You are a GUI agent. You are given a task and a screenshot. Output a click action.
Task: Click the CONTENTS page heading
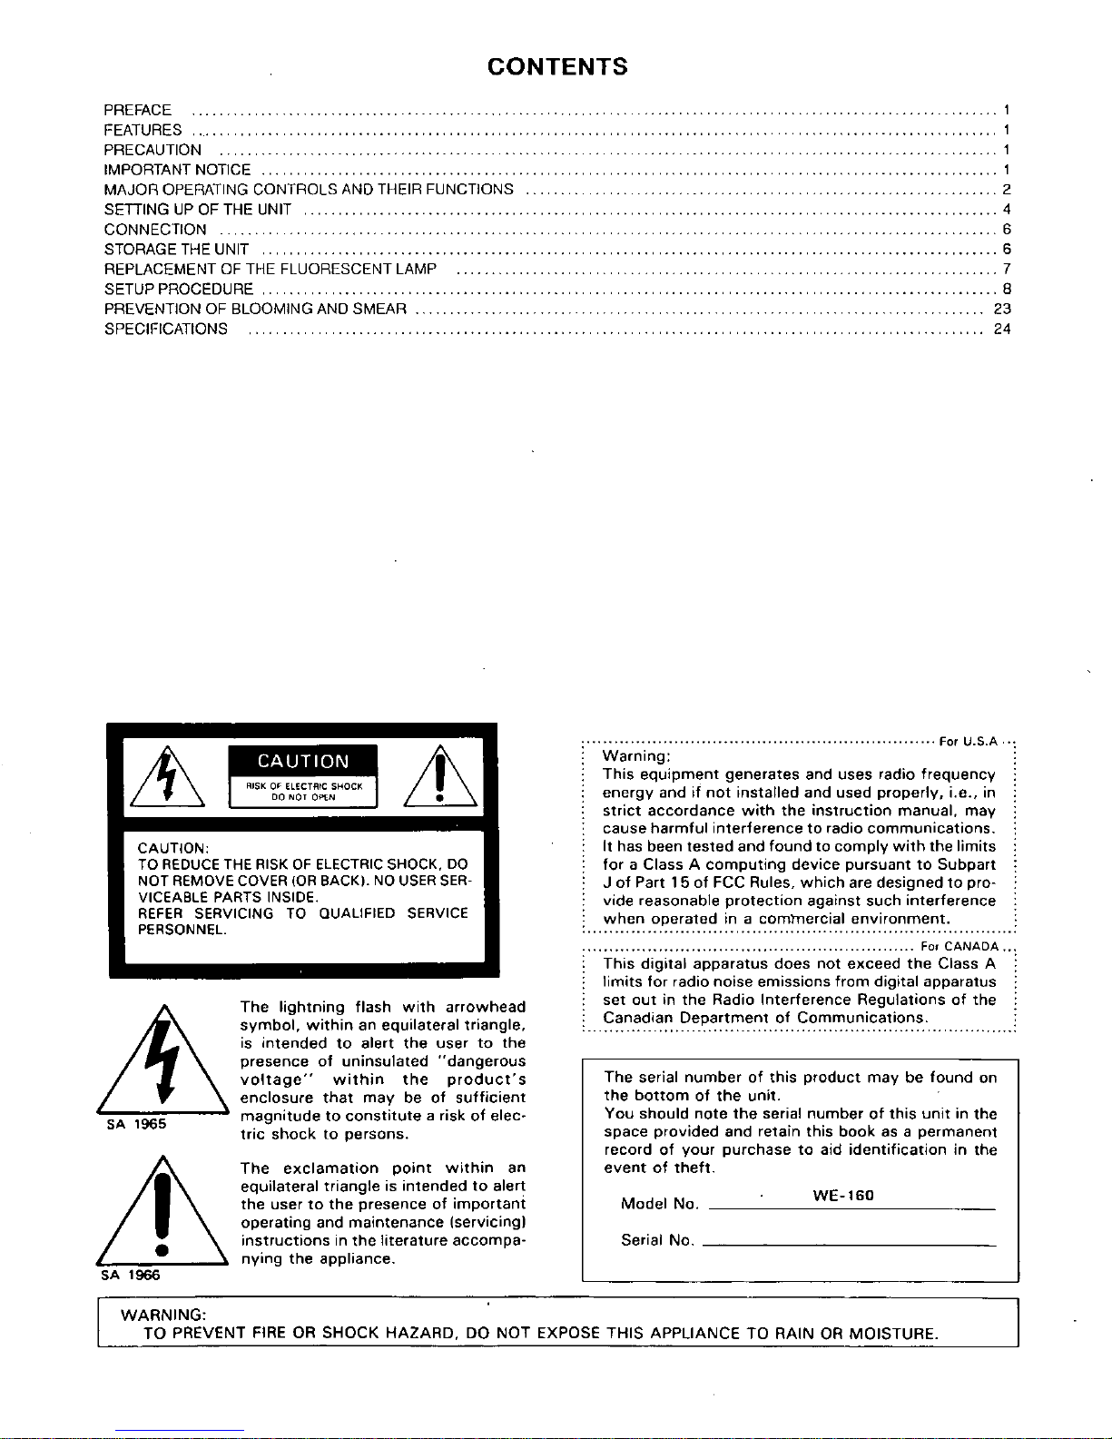click(556, 67)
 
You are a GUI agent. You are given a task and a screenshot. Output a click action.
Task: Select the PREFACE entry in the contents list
click(138, 111)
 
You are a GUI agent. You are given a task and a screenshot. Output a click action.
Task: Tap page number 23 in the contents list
click(1002, 310)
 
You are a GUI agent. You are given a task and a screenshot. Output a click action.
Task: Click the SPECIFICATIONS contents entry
click(166, 330)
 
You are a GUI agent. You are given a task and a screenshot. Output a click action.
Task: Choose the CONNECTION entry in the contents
click(155, 230)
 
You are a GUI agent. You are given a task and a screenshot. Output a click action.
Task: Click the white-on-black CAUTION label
click(303, 762)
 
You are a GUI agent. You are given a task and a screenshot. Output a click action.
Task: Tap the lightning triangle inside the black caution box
click(166, 778)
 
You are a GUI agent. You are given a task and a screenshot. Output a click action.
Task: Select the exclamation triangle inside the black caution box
click(438, 778)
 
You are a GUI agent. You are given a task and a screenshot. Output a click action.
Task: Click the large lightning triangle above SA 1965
click(161, 1060)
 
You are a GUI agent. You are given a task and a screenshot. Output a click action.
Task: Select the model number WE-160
click(842, 1196)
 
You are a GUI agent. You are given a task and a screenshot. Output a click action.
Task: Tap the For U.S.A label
click(969, 742)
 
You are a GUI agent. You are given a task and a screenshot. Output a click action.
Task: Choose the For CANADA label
click(959, 946)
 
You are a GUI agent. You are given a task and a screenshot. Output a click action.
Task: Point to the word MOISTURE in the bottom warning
click(891, 1334)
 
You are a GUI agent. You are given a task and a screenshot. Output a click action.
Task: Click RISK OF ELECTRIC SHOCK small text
click(304, 786)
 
